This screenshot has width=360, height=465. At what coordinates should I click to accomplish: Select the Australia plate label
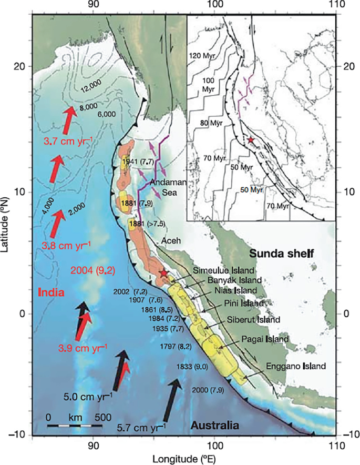tap(215, 425)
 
